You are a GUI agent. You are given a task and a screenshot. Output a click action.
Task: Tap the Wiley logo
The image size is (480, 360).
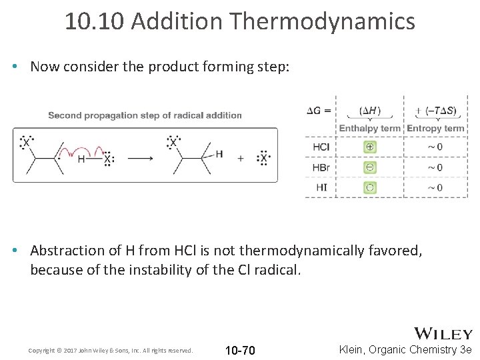coord(443,333)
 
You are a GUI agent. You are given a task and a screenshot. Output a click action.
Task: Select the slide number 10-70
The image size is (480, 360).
coord(240,351)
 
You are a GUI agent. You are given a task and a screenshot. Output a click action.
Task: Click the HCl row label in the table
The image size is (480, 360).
coord(321,147)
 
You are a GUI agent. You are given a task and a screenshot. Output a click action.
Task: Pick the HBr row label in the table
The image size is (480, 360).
coord(321,167)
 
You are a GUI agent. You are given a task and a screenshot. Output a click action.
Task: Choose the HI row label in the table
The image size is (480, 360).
coord(321,187)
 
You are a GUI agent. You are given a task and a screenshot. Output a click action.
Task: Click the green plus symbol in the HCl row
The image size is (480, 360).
coord(370,147)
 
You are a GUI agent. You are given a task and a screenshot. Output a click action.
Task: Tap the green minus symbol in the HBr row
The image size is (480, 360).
coord(370,167)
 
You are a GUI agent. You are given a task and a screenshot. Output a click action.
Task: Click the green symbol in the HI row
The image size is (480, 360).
coord(370,187)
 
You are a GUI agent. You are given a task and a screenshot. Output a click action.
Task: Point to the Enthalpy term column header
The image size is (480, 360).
coord(369,128)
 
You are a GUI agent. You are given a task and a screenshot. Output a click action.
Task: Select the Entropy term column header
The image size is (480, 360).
coord(435,128)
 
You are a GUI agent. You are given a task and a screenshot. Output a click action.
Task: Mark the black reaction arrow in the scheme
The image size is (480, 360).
coord(140,159)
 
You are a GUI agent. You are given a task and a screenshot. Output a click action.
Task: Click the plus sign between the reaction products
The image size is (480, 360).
coord(240,159)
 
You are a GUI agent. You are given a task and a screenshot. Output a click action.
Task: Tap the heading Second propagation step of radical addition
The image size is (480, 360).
coord(145,115)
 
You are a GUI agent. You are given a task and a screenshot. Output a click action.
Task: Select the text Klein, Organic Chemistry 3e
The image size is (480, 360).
coord(405,349)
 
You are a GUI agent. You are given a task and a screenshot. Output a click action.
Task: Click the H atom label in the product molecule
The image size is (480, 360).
coord(219,154)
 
